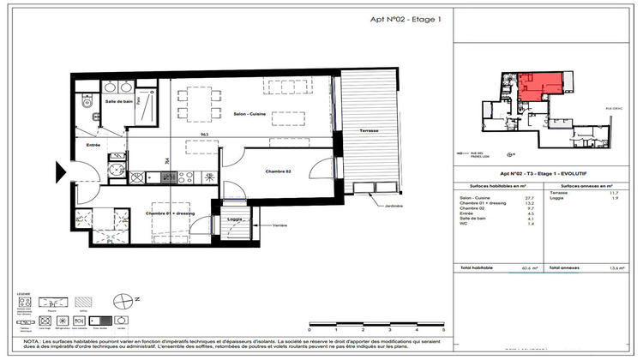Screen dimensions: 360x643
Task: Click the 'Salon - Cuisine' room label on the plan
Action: [x=250, y=114]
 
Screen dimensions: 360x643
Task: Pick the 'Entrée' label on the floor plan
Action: [x=93, y=146]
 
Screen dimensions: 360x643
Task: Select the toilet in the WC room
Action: [x=87, y=103]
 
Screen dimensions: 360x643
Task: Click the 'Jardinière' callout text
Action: [x=395, y=206]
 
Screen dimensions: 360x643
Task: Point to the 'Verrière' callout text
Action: [x=279, y=225]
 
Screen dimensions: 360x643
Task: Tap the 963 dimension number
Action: [x=205, y=135]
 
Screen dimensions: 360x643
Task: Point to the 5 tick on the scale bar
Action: [x=442, y=328]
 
